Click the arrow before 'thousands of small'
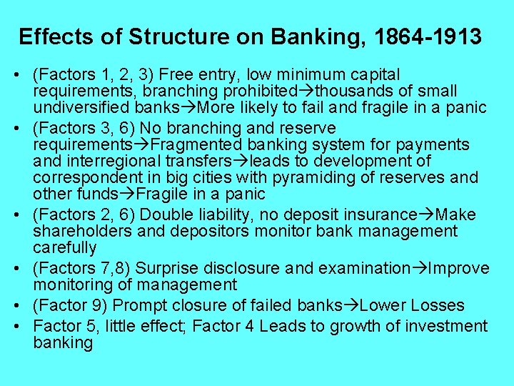tap(306, 91)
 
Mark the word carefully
tap(64, 247)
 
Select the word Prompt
tap(135, 306)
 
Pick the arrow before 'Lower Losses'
tap(351, 306)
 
